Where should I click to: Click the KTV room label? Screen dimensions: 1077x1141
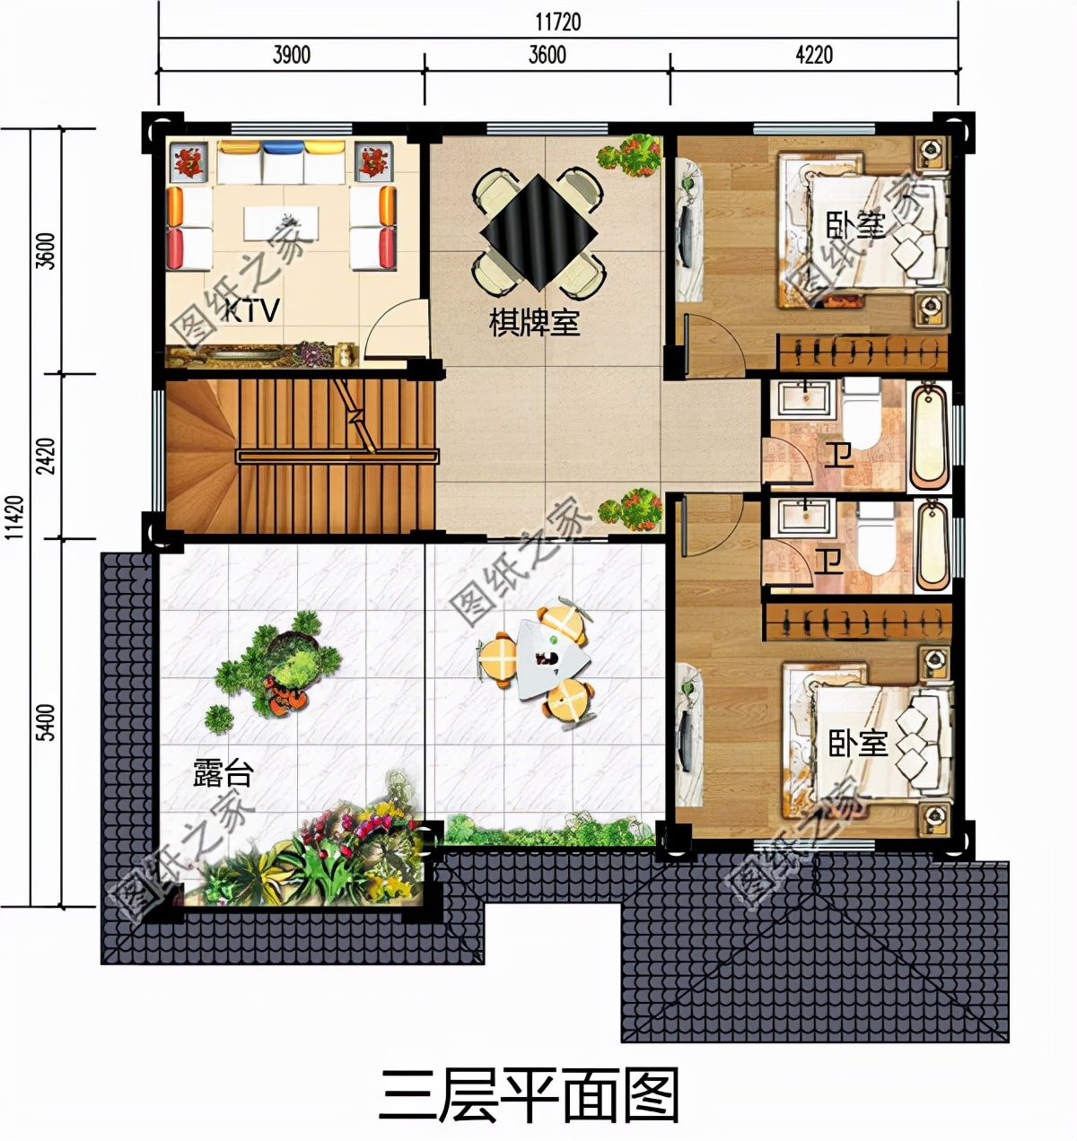click(x=251, y=310)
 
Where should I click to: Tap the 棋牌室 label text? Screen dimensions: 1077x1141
click(x=534, y=324)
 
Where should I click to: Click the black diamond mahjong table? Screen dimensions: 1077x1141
click(x=538, y=232)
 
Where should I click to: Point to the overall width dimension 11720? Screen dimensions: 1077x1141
click(x=557, y=22)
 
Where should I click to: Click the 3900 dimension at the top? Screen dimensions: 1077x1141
click(x=291, y=55)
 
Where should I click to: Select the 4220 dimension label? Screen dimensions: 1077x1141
click(x=814, y=55)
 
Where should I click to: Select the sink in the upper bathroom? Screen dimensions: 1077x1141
click(x=804, y=396)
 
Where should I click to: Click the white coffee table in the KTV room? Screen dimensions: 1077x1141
click(x=281, y=222)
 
